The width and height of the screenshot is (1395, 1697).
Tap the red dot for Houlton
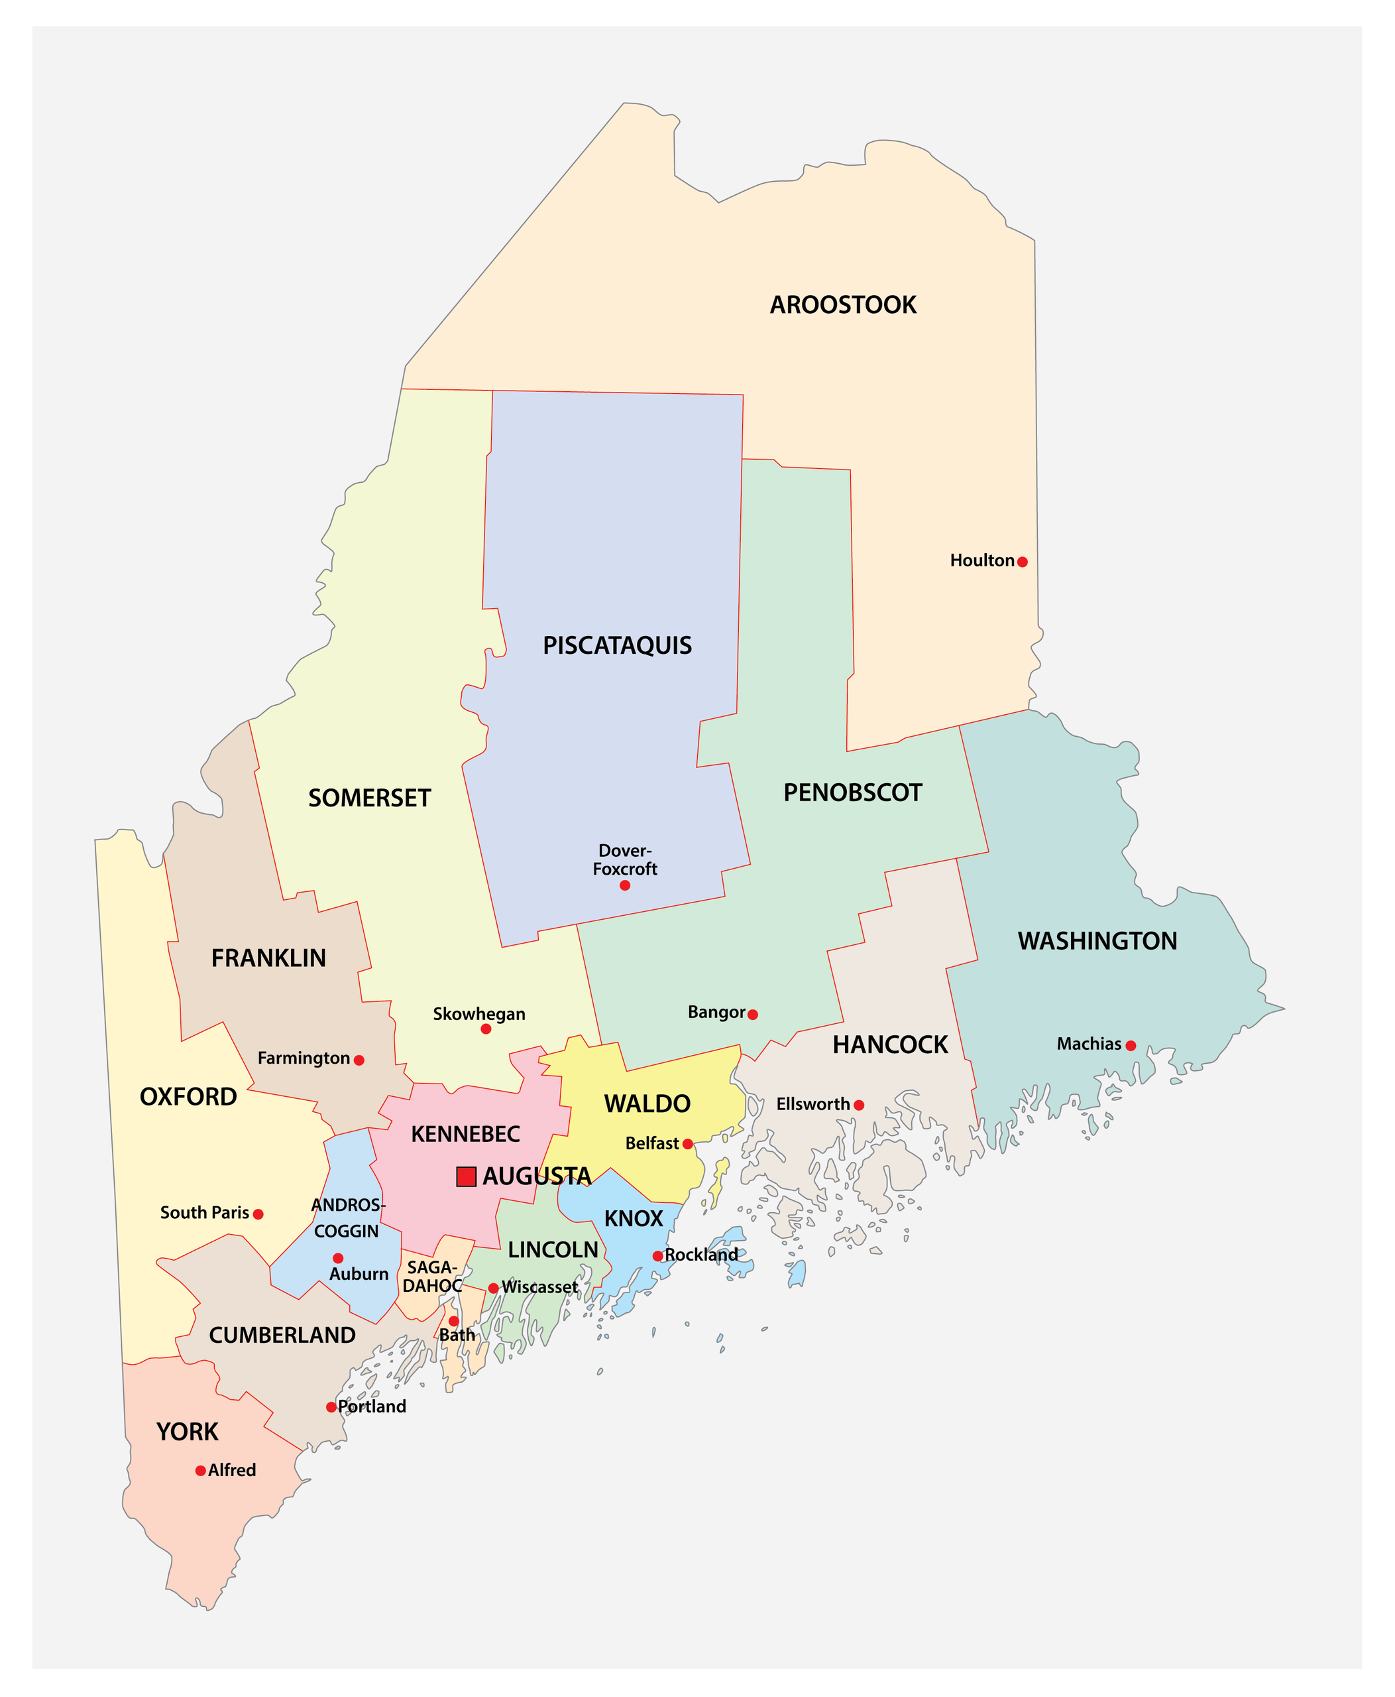click(x=1022, y=562)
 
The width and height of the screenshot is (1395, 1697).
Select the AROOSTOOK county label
click(x=843, y=304)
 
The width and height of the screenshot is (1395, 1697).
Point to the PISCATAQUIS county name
click(x=617, y=645)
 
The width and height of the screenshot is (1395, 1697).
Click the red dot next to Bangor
click(x=753, y=1015)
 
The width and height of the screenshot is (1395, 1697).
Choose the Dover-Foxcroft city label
click(x=625, y=859)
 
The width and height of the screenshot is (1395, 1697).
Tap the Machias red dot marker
click(x=1131, y=1046)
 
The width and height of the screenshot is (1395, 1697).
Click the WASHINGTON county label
click(x=1097, y=942)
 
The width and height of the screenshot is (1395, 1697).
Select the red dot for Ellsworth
click(x=859, y=1105)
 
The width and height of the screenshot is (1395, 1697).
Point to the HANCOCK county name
click(x=891, y=1045)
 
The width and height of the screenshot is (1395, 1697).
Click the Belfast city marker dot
click(x=688, y=1144)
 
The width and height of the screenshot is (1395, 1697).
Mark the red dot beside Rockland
click(x=658, y=1255)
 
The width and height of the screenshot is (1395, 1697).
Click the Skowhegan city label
click(x=479, y=1014)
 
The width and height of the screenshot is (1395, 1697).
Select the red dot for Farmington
click(x=359, y=1060)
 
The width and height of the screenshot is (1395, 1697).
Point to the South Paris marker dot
click(x=258, y=1214)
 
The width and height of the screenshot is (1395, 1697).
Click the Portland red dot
click(x=331, y=1407)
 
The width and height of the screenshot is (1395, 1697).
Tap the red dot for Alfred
click(x=201, y=1471)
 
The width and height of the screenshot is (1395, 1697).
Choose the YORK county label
click(x=188, y=1432)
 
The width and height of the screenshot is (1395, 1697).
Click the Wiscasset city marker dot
click(x=494, y=1288)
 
